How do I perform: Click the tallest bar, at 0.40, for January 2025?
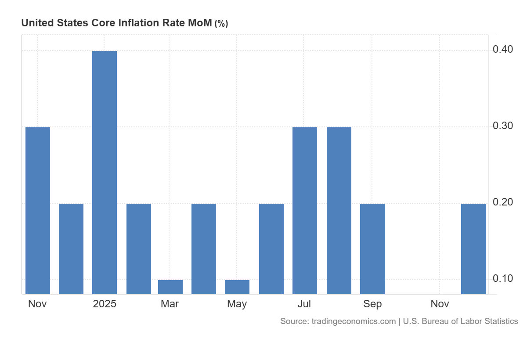coord(105,172)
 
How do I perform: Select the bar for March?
coord(170,287)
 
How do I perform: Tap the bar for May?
coord(237,287)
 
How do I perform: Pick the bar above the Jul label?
coord(305,210)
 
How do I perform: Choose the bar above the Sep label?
coord(372,248)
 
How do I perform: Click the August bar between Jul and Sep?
coord(339,210)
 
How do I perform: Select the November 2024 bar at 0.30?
coord(38,210)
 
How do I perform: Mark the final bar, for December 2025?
coord(473,248)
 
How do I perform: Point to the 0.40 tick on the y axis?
coord(502,49)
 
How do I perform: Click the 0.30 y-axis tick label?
coord(502,126)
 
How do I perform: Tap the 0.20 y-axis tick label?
coord(502,202)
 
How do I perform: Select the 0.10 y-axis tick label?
coord(502,279)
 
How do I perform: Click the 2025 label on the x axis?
coord(105,304)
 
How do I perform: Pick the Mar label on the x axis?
coord(170,304)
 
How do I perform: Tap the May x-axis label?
coord(237,304)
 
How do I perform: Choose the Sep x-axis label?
coord(372,304)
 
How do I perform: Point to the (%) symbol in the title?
coord(221,24)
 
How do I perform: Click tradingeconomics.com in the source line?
coord(354,321)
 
